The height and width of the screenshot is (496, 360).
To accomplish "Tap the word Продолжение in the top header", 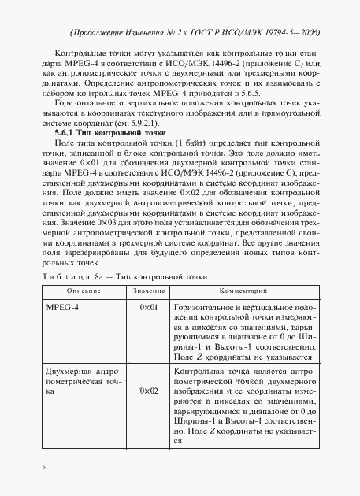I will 101,34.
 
